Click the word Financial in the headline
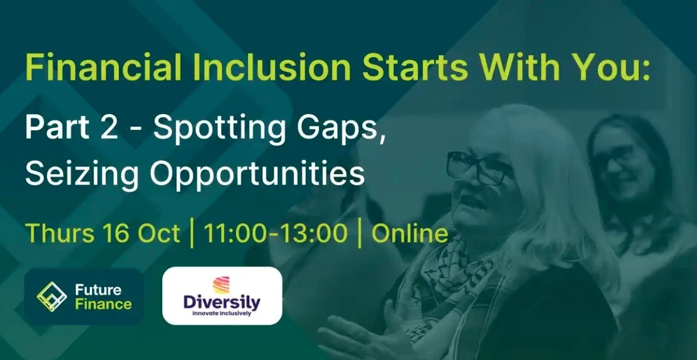coord(104,68)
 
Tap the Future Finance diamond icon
coord(52,297)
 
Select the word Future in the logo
coord(98,290)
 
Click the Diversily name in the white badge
coord(222,303)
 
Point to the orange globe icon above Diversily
coord(221,285)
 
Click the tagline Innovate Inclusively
coord(222,314)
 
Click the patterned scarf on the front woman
coord(444,285)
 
